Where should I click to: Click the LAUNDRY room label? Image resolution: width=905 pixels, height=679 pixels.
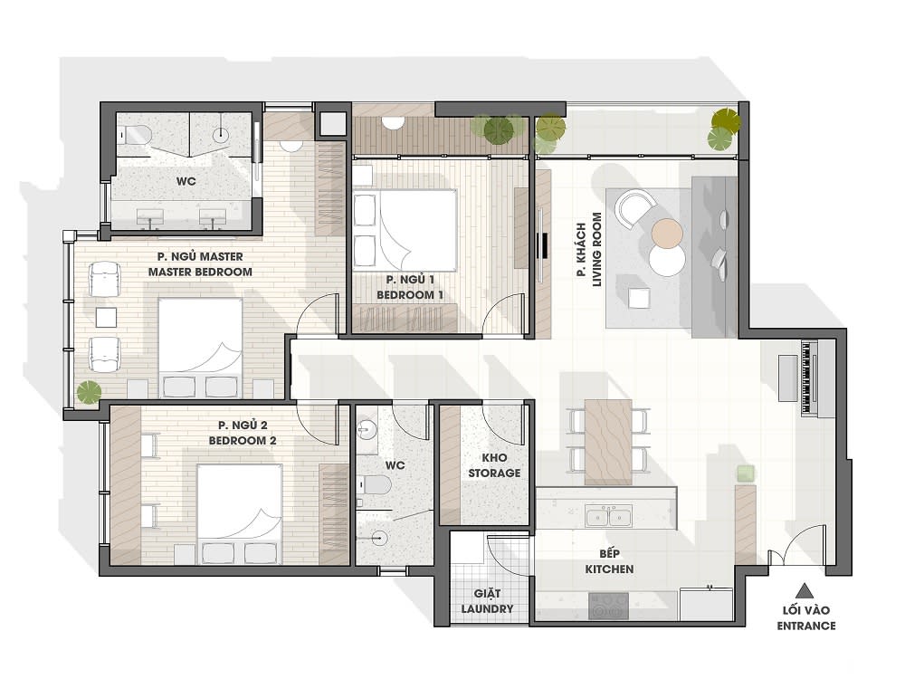click(493, 601)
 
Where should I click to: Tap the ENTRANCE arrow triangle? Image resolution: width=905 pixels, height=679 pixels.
click(800, 587)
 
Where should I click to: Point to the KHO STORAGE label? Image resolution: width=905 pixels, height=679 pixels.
click(494, 465)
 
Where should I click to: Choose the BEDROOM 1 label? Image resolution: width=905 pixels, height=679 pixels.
click(410, 288)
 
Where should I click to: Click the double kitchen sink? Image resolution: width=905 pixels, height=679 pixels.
click(607, 517)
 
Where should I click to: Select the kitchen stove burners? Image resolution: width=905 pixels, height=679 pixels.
click(608, 604)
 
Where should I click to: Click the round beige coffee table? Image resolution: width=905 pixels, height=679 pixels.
click(668, 234)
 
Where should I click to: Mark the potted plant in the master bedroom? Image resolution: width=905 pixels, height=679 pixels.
click(88, 392)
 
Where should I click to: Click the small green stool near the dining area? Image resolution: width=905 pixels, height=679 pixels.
click(745, 473)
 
